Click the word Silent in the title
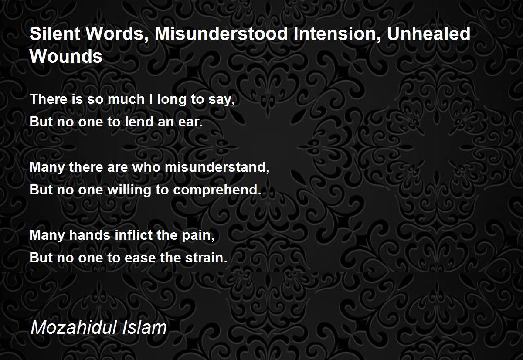point(55,34)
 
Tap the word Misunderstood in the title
point(221,34)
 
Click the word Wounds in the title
point(66,56)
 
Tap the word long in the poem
point(172,100)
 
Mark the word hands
point(90,235)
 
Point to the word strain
point(206,258)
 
